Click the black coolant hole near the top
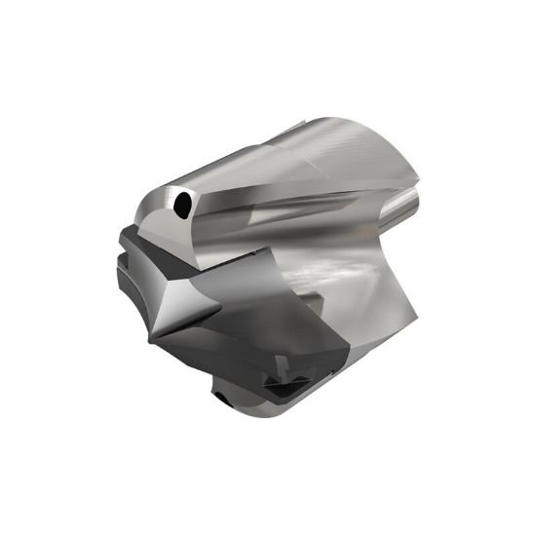tap(182, 205)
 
